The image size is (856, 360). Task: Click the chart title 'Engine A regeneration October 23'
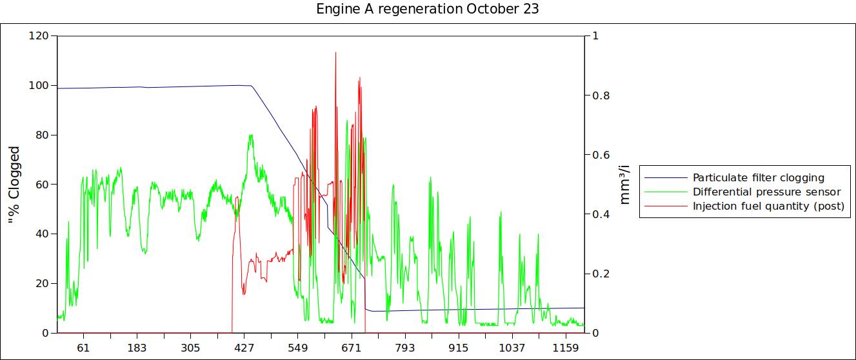[x=428, y=10]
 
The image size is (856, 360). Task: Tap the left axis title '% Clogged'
[x=14, y=185]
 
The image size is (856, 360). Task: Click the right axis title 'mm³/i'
[x=624, y=185]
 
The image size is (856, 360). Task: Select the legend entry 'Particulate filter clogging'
[x=758, y=177]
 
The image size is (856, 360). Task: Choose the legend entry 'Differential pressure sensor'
[x=766, y=192]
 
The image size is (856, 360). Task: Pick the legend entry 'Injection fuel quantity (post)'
[x=768, y=206]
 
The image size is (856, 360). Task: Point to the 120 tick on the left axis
[x=39, y=35]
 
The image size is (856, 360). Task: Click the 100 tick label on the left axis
[x=39, y=85]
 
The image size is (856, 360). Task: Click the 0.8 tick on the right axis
[x=601, y=95]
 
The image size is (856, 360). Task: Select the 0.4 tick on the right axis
[x=601, y=214]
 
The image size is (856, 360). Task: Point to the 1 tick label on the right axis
[x=595, y=35]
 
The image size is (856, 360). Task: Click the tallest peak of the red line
[x=335, y=52]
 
